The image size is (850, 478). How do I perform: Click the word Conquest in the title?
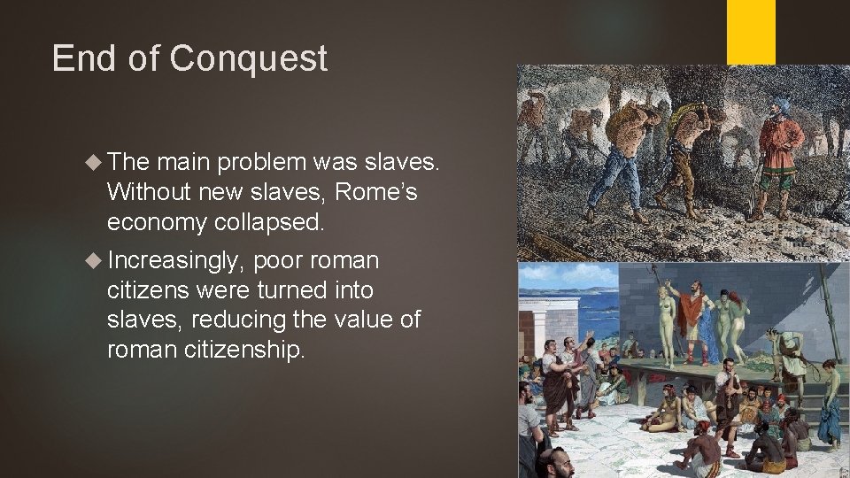[x=248, y=58]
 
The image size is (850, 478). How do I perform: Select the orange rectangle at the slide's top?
[x=751, y=31]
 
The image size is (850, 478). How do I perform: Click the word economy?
[x=156, y=222]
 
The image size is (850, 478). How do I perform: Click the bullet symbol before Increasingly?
[x=95, y=261]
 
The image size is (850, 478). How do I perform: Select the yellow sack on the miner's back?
[x=684, y=114]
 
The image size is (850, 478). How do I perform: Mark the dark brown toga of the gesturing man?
[x=560, y=389]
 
